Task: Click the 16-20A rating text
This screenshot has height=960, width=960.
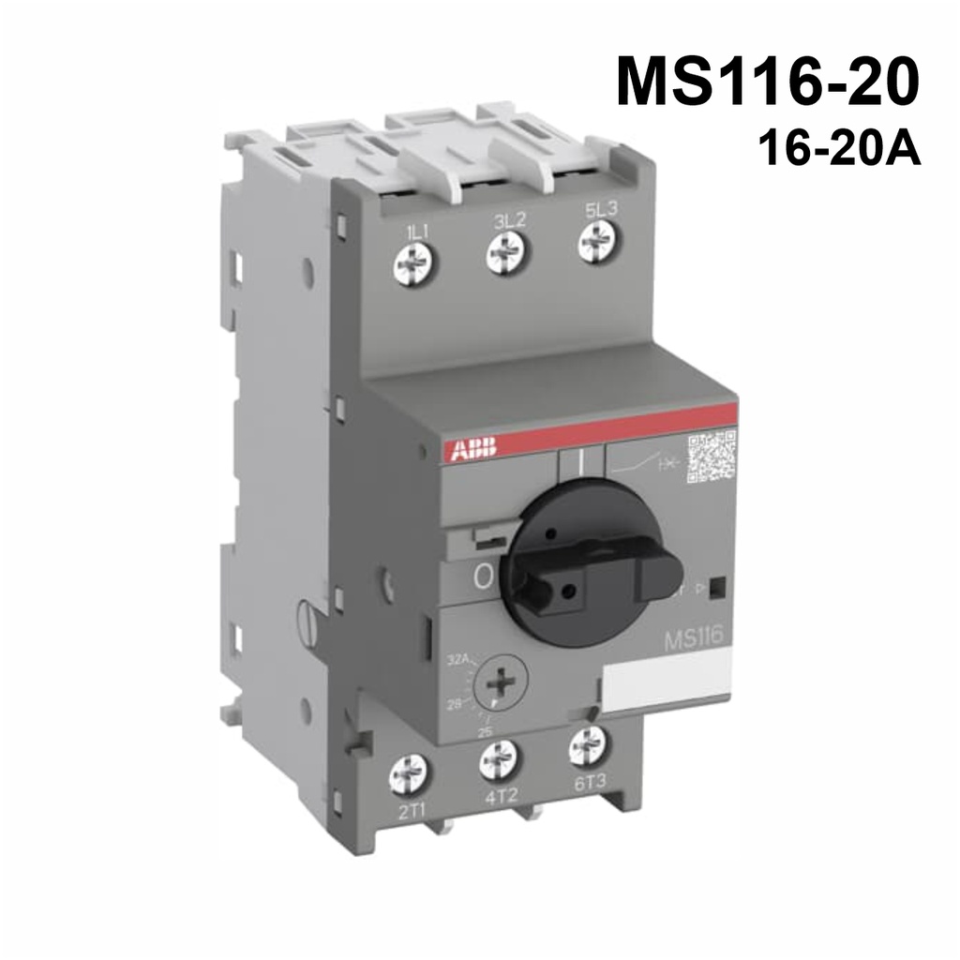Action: point(841,149)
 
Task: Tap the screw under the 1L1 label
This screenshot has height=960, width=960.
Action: point(412,264)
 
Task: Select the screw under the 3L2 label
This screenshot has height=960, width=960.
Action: point(504,253)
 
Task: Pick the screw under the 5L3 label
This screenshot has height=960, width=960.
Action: point(596,243)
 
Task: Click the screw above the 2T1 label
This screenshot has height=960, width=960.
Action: point(408,773)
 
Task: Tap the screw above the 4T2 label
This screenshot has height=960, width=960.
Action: point(499,758)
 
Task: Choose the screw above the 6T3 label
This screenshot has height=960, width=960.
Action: point(588,745)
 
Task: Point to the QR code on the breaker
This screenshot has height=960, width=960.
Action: point(712,456)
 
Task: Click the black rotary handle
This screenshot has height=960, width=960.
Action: point(580,562)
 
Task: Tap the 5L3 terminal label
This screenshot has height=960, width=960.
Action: point(600,209)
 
